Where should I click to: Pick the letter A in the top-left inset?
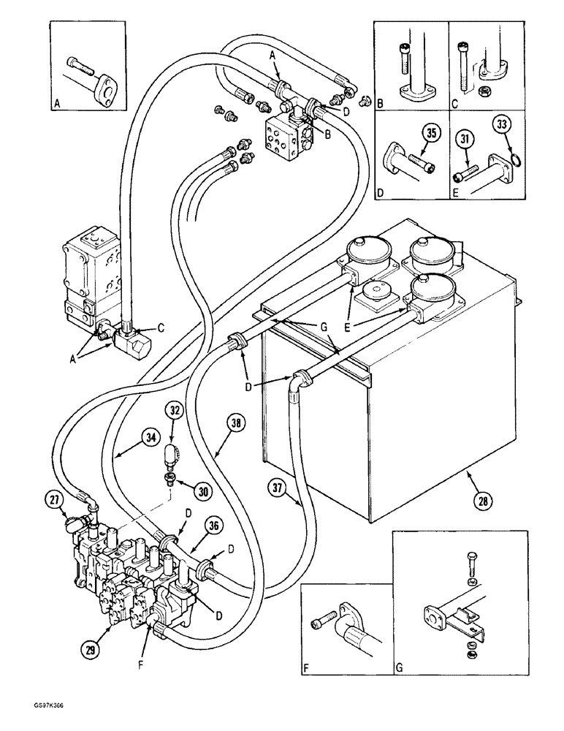[57, 104]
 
